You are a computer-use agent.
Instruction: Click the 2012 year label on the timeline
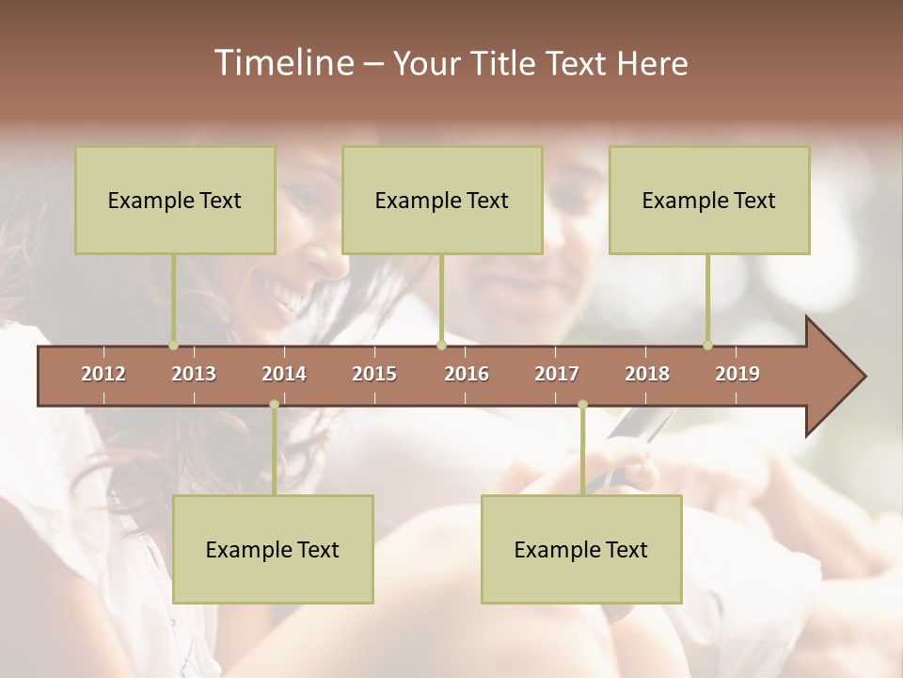(x=103, y=374)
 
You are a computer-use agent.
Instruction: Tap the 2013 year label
(x=194, y=374)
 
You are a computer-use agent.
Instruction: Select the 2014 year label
(x=284, y=374)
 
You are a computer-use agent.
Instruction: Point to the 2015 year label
(x=374, y=374)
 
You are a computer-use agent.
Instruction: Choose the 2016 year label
(x=467, y=374)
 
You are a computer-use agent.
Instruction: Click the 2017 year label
(x=557, y=374)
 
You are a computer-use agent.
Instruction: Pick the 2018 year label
(x=647, y=374)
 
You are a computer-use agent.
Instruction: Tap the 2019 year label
(x=737, y=374)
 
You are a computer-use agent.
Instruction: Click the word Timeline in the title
(x=282, y=63)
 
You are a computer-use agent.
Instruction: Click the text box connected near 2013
(x=175, y=200)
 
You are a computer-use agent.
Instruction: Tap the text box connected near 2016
(x=442, y=200)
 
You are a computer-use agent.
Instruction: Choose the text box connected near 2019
(x=709, y=200)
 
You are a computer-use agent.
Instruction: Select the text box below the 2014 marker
(x=273, y=549)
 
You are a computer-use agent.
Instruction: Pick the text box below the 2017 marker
(x=581, y=549)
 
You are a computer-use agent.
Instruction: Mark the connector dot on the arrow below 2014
(x=274, y=405)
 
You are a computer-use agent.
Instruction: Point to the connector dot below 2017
(x=582, y=405)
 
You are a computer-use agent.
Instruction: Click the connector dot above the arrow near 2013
(x=173, y=346)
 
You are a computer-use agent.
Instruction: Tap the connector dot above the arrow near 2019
(x=707, y=346)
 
